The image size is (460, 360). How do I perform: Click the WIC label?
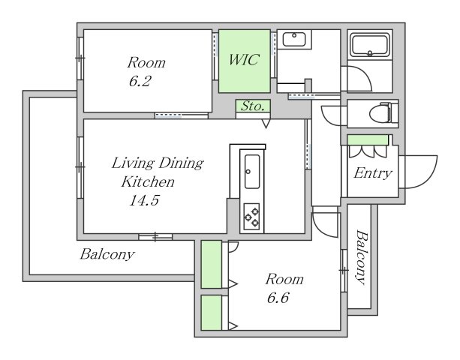[x=244, y=59]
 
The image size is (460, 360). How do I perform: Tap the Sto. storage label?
[x=253, y=106]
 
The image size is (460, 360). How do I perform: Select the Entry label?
[x=372, y=173]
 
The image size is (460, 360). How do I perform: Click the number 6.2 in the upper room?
[x=140, y=81]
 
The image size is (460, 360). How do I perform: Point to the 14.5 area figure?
[x=144, y=200]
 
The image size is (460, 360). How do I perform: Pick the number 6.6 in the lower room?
[x=278, y=298]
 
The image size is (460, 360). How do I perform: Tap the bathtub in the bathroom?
[x=370, y=45]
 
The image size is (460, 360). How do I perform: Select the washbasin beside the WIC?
[x=294, y=39]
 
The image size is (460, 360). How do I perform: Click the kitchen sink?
[x=252, y=172]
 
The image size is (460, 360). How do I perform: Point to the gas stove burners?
[x=251, y=217]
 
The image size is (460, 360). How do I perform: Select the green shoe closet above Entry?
[x=368, y=139]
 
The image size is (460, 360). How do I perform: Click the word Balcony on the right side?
[x=362, y=257]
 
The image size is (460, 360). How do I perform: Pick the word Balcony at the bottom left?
[x=107, y=254]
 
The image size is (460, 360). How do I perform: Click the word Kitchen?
[x=148, y=181]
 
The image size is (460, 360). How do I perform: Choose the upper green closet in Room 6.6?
[x=211, y=265]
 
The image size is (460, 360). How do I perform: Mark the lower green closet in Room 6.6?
[x=211, y=313]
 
